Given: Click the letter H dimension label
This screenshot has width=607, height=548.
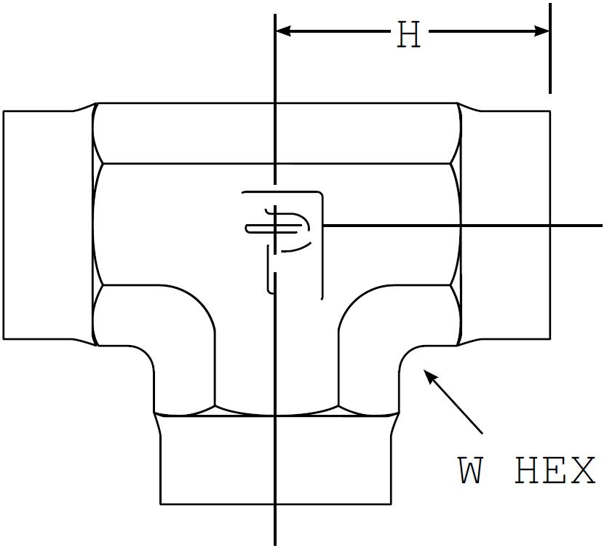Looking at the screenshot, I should click(409, 35).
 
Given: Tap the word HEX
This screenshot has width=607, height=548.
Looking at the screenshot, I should click(555, 472).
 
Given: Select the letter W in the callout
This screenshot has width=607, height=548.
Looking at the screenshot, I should click(471, 472).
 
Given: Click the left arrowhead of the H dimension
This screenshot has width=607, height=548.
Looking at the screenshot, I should click(283, 31).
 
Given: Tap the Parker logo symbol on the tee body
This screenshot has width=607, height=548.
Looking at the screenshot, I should click(280, 229).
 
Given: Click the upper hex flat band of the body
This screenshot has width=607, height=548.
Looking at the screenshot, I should click(277, 133).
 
